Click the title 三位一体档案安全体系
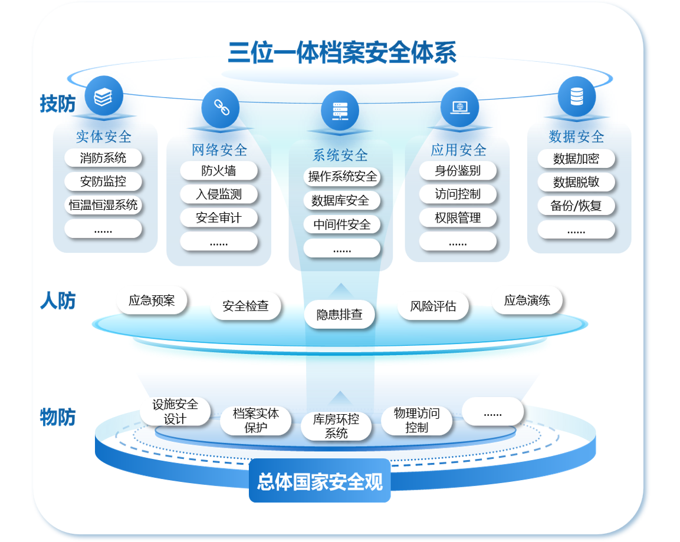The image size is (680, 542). click(x=342, y=53)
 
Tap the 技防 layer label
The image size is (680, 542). click(x=58, y=104)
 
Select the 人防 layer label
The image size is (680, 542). click(x=58, y=301)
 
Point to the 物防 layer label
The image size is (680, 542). click(x=58, y=417)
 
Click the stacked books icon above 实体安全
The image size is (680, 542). click(x=103, y=96)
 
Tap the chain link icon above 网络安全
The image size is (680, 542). click(x=220, y=107)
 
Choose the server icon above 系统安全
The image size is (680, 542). click(x=340, y=110)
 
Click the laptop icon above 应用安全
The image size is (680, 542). click(x=459, y=107)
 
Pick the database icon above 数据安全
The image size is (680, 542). click(x=576, y=96)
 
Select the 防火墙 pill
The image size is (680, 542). click(x=219, y=171)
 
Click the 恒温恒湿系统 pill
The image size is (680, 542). click(x=103, y=205)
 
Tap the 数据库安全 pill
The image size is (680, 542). click(x=340, y=201)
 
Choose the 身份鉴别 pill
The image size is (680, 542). click(x=458, y=171)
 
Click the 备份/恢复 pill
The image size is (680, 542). click(x=576, y=206)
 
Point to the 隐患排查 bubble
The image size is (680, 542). click(x=340, y=315)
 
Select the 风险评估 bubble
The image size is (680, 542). click(x=433, y=306)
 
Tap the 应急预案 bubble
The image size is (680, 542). click(x=152, y=300)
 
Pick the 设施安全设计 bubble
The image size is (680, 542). click(x=175, y=411)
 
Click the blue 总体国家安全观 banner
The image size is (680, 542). click(x=320, y=481)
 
